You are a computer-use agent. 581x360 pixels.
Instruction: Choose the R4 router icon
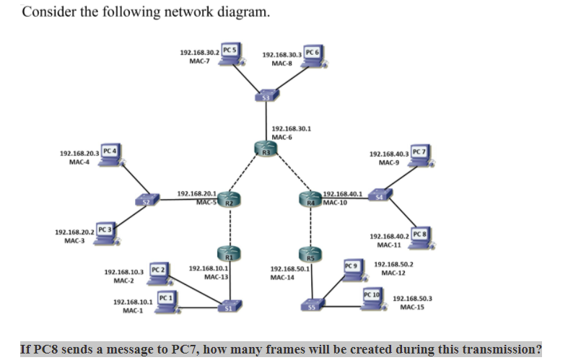(x=312, y=198)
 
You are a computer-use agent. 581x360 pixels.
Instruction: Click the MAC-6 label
(x=281, y=137)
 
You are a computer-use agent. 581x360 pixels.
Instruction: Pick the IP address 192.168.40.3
(x=389, y=154)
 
